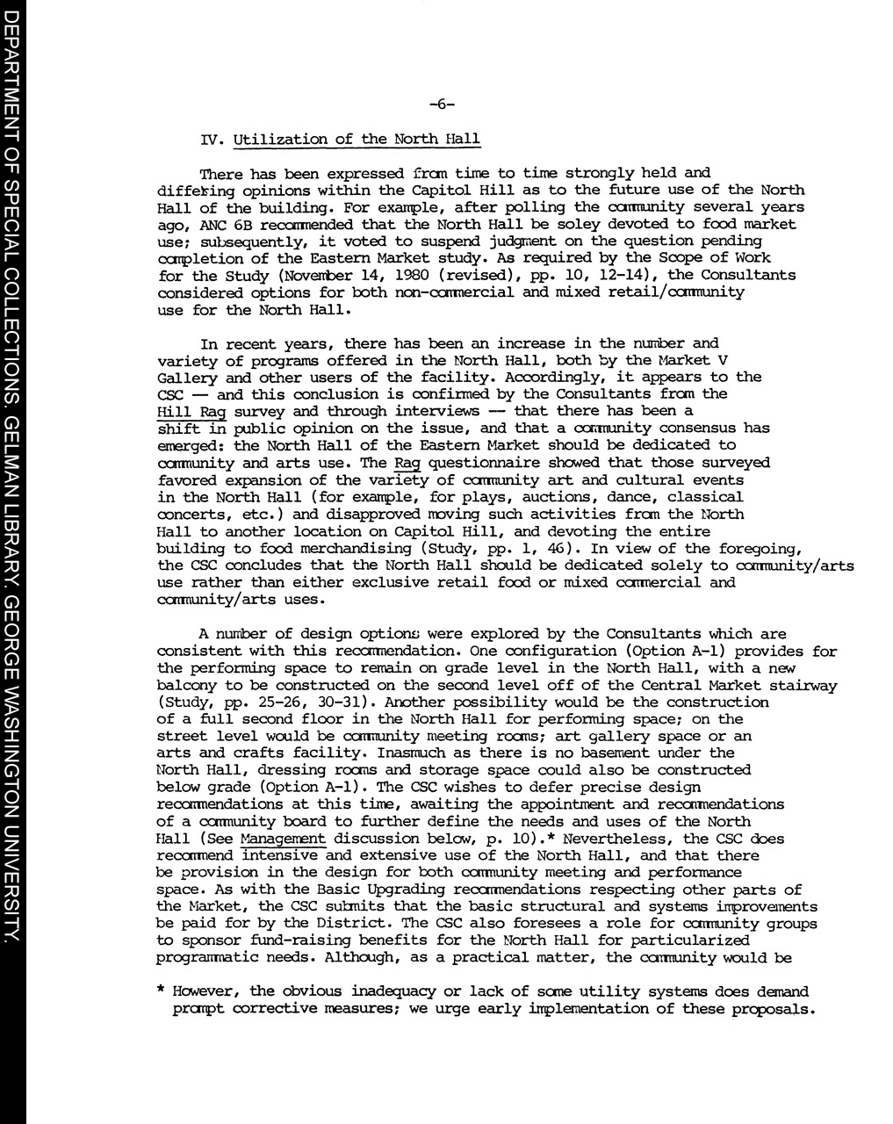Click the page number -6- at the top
point(443,105)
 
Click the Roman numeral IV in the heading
point(208,140)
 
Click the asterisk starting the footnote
point(161,992)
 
